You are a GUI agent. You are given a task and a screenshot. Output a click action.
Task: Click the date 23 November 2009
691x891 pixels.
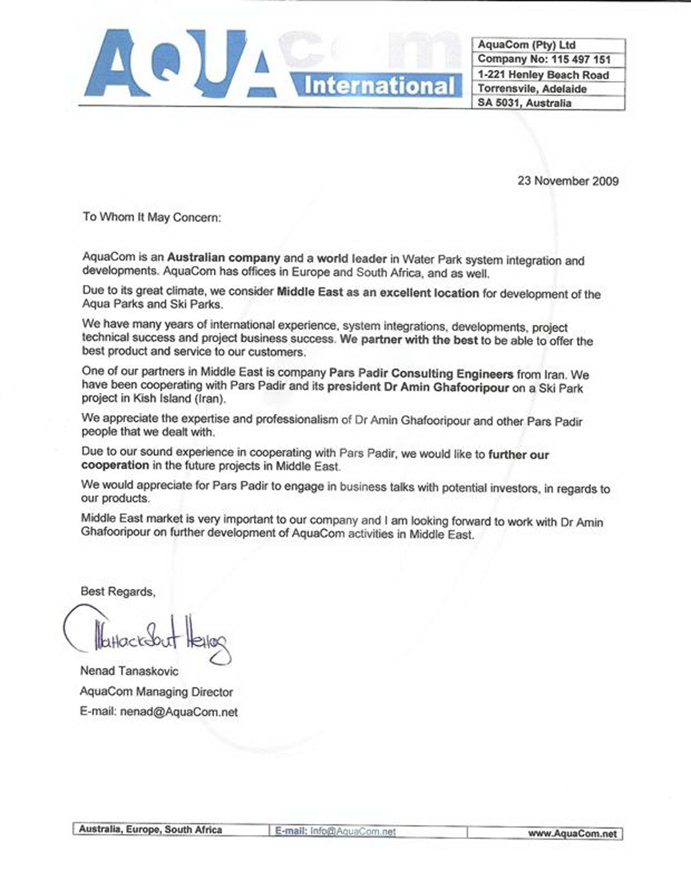coord(568,181)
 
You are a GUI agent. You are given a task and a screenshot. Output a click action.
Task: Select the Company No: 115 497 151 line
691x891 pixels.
coord(543,59)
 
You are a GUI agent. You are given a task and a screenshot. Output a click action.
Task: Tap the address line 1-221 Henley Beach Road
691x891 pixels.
coord(543,75)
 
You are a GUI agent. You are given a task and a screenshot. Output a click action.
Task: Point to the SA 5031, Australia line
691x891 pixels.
coord(524,103)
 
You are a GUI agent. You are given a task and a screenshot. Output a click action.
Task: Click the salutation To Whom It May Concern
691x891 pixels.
coord(152,217)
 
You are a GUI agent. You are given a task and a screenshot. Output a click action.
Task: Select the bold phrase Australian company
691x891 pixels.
coord(223,257)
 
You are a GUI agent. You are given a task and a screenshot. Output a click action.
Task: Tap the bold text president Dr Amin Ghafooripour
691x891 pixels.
coord(418,387)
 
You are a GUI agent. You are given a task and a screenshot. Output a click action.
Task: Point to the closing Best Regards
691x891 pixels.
coord(118,592)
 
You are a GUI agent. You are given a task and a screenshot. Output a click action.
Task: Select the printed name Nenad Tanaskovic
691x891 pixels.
coord(129,671)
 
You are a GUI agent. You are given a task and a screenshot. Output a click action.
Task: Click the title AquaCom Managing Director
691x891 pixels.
coord(156,692)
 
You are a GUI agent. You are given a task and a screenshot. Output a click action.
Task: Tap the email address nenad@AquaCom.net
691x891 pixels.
coord(179,712)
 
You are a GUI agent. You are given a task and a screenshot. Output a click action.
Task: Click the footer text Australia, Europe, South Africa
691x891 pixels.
coord(150,830)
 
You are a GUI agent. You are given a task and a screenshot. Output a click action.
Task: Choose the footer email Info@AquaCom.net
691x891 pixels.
coord(352,832)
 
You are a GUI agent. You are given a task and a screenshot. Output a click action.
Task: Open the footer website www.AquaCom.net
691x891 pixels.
coord(573,833)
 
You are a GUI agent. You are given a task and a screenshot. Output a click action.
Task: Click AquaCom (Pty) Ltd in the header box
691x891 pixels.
coord(526,45)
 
